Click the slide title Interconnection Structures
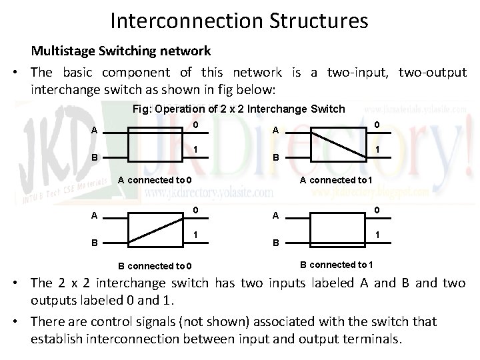click(x=239, y=21)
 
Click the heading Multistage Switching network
click(x=121, y=51)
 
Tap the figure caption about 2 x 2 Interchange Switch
click(x=238, y=109)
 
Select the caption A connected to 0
click(x=155, y=179)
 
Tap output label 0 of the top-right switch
click(x=377, y=125)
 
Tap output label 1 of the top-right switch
click(x=377, y=150)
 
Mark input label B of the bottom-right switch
click(x=275, y=244)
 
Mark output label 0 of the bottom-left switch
click(x=195, y=211)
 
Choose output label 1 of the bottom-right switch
click(x=377, y=235)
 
